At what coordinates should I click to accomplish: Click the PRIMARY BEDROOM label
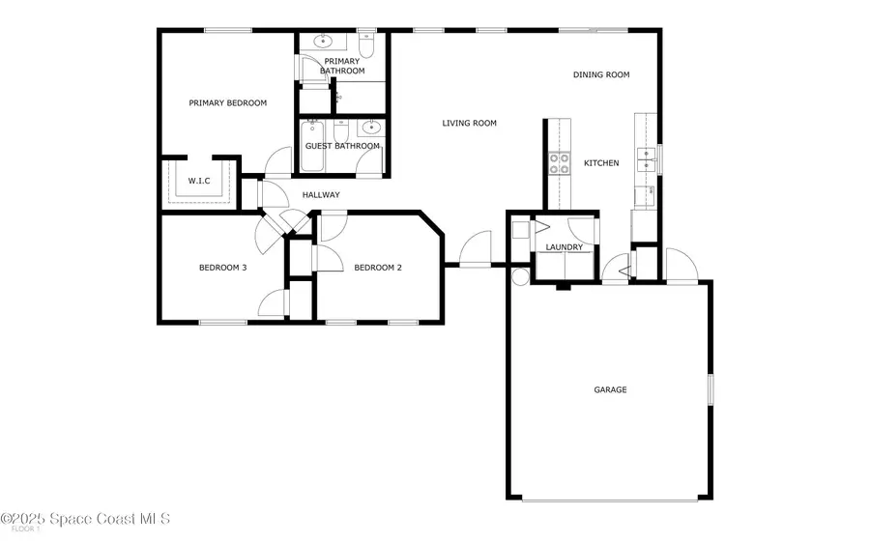point(227,103)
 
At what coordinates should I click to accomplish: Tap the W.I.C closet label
point(199,181)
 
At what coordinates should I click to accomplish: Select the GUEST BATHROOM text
point(342,146)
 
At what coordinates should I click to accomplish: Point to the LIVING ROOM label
point(469,123)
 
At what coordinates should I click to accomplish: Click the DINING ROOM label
point(601,74)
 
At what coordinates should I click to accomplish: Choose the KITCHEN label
point(601,163)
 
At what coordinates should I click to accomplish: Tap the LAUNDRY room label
point(564,247)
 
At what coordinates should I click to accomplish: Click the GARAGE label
point(610,390)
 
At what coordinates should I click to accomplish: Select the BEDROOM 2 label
point(377,268)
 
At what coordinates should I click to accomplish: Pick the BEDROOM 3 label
point(222,268)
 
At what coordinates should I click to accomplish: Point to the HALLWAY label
point(321,195)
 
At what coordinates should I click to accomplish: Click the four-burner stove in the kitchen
point(560,163)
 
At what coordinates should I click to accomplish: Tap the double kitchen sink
point(645,161)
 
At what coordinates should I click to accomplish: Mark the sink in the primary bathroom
point(322,43)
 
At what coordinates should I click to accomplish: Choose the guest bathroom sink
point(370,128)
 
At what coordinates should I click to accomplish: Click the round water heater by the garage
point(519,277)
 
